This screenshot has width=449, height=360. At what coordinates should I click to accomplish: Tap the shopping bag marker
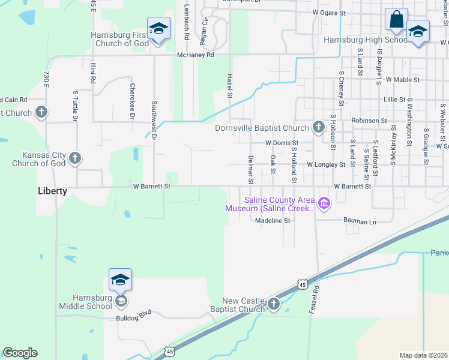tap(397, 20)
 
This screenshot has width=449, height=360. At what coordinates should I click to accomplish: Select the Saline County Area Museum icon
tap(325, 204)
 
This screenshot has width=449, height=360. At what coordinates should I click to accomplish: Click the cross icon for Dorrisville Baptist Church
tap(318, 127)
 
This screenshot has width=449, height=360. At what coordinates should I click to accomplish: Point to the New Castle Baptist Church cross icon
tap(274, 304)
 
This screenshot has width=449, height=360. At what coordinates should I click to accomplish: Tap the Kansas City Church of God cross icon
tap(75, 158)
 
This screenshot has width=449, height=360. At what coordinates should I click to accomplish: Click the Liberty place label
tap(52, 191)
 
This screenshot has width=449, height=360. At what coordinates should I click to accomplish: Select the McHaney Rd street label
tap(196, 55)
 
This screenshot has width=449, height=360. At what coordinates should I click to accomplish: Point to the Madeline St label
tap(273, 221)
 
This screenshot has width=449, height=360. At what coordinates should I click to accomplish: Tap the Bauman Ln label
tap(360, 222)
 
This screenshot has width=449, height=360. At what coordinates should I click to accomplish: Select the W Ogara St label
tap(330, 12)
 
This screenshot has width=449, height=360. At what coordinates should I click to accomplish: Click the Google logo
tap(20, 352)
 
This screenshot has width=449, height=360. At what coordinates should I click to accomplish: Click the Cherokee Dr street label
tap(132, 100)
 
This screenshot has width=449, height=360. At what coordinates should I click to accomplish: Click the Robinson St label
tap(369, 121)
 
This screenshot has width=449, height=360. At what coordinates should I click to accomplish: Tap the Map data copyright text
tap(424, 355)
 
